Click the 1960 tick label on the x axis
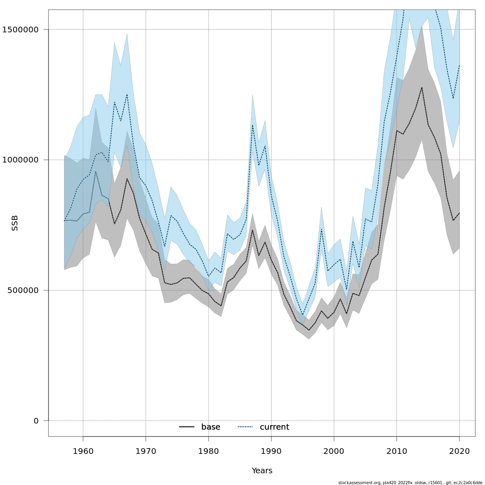pyautogui.click(x=83, y=451)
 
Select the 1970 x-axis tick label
pyautogui.click(x=145, y=451)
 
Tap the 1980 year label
pyautogui.click(x=209, y=451)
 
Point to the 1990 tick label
pyautogui.click(x=271, y=451)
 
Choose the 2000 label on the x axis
pyautogui.click(x=334, y=451)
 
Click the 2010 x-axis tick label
pyautogui.click(x=397, y=451)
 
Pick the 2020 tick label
pyautogui.click(x=460, y=451)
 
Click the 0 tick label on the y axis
pyautogui.click(x=36, y=421)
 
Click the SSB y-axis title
pyautogui.click(x=15, y=223)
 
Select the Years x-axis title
pyautogui.click(x=262, y=471)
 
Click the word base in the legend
pyautogui.click(x=211, y=427)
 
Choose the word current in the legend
pyautogui.click(x=274, y=427)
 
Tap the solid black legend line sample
pyautogui.click(x=187, y=427)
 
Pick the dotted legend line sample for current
pyautogui.click(x=245, y=427)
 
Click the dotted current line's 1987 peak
pyautogui.click(x=253, y=125)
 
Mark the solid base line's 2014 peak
pyautogui.click(x=422, y=87)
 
